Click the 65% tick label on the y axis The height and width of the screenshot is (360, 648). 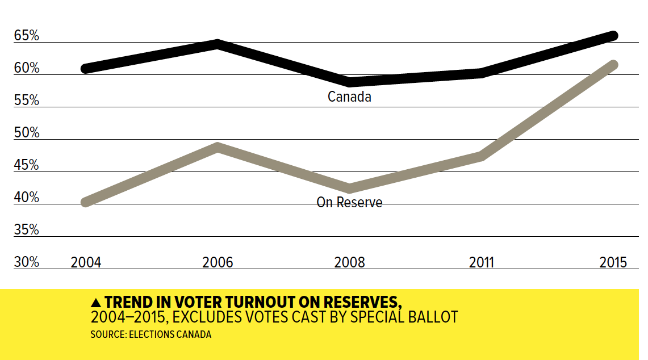tap(27, 36)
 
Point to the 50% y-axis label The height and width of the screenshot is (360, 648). tap(27, 133)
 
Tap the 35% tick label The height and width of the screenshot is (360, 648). tap(27, 230)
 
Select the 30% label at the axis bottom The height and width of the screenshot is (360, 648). tap(27, 262)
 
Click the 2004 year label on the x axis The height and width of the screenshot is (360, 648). tap(86, 262)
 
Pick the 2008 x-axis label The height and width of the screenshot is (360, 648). tap(349, 262)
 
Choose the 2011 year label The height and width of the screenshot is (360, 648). tap(482, 262)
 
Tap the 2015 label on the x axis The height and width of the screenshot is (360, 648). tap(613, 262)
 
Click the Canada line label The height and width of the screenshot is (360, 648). tap(349, 97)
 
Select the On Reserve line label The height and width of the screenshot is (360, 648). tap(349, 202)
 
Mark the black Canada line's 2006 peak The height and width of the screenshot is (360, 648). tap(218, 44)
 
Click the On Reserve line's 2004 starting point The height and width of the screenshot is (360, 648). tap(86, 202)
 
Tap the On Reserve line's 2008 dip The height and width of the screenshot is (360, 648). tap(350, 188)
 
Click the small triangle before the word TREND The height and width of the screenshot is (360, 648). tap(95, 302)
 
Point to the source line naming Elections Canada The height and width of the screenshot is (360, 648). tap(150, 334)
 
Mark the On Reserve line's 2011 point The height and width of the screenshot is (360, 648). tap(482, 156)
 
